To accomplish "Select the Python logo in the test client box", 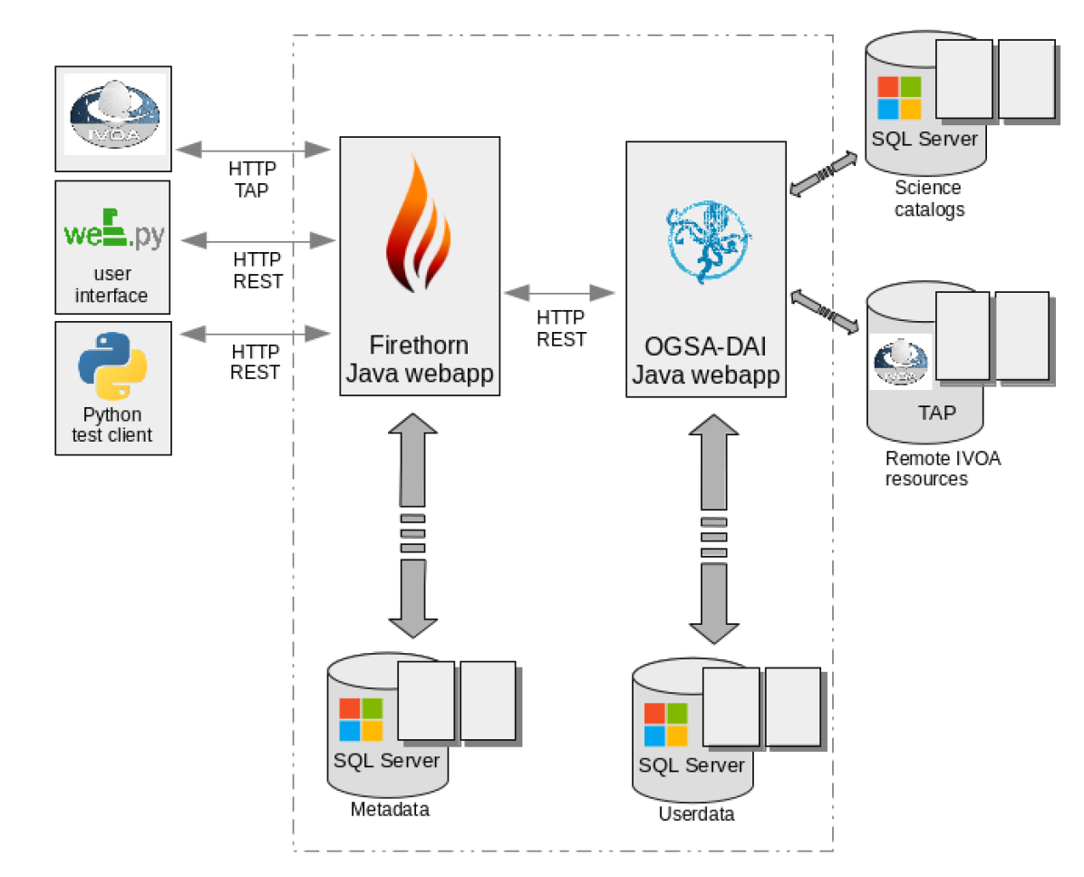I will [x=113, y=365].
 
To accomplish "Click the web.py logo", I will [x=113, y=232].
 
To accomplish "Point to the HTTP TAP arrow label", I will [x=252, y=180].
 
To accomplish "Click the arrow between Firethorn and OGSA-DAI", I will [x=560, y=292].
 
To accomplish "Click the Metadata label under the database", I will [x=390, y=810].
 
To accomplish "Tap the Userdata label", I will [x=696, y=814].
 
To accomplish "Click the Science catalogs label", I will [x=928, y=199].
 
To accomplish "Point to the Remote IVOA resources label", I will [x=943, y=468].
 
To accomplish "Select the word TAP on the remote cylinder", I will [x=936, y=413].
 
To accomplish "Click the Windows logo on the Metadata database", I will [x=361, y=719].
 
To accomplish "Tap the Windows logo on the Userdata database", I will [x=665, y=725].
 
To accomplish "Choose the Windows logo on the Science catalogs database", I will [x=899, y=98].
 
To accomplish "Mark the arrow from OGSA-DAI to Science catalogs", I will [x=823, y=173].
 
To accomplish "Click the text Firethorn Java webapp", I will [x=419, y=359].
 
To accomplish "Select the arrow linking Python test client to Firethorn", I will [x=256, y=335].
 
